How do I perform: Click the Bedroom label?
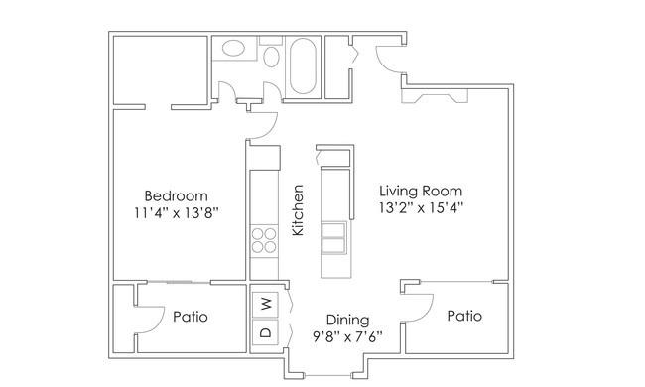[x=176, y=195]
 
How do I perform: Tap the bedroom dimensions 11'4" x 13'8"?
[x=176, y=213]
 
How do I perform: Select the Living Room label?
[x=421, y=191]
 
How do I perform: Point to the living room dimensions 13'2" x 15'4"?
[x=421, y=207]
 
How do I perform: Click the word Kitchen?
[x=298, y=210]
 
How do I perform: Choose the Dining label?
[x=347, y=320]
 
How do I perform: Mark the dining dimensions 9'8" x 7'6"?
[x=347, y=337]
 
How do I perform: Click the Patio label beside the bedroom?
[x=191, y=317]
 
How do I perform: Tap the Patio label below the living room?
[x=464, y=316]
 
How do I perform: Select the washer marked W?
[x=265, y=305]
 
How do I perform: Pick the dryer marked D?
[x=265, y=331]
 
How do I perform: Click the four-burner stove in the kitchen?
[x=264, y=240]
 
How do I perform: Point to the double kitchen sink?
[x=333, y=238]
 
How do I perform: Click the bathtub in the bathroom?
[x=304, y=66]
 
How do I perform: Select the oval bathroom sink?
[x=233, y=48]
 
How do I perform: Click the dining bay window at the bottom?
[x=327, y=375]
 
